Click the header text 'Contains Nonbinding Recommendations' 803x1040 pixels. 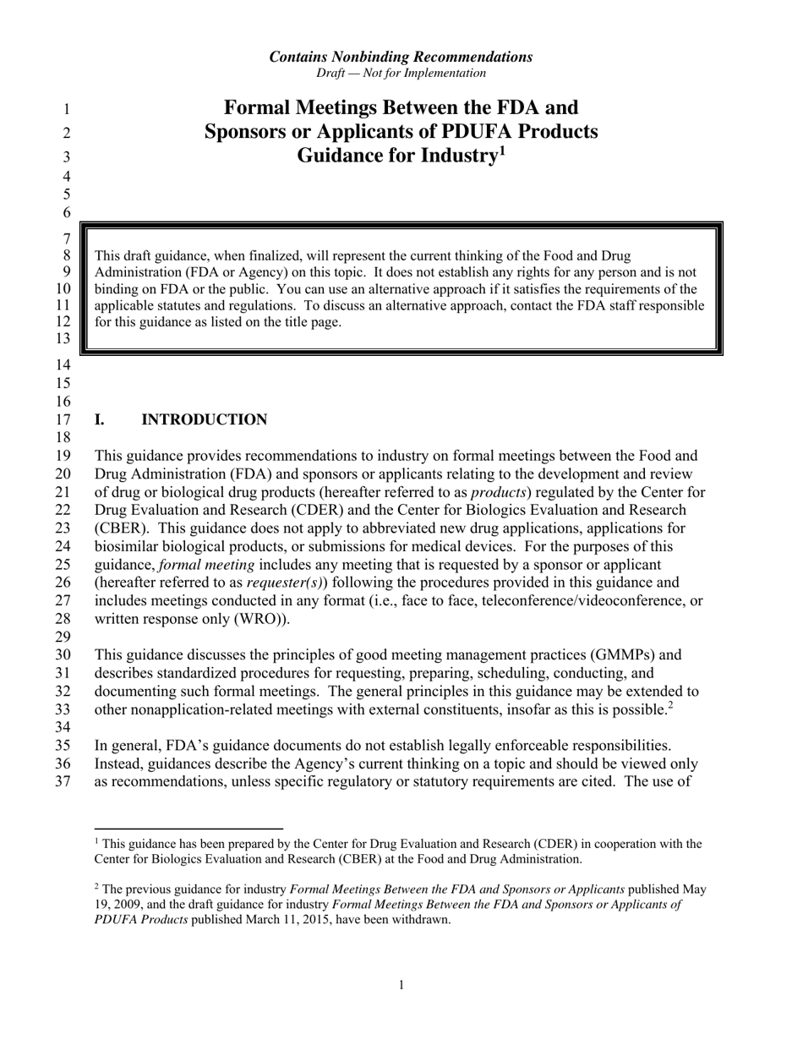(401, 57)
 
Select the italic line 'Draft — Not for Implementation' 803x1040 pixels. (401, 73)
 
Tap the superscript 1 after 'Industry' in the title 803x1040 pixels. (501, 151)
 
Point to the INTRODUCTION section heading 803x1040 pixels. (204, 420)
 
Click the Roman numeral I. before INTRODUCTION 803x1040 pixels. (99, 420)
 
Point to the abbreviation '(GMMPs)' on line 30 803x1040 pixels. (626, 654)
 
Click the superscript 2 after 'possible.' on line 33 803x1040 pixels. (671, 705)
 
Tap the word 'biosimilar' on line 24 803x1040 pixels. (125, 546)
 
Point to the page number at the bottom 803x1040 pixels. (401, 984)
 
